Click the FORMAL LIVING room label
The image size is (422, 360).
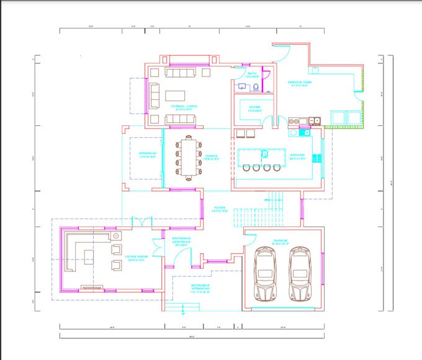click(184, 107)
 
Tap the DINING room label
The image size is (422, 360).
click(212, 156)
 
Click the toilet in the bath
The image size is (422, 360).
click(241, 86)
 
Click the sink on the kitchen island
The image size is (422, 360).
click(265, 153)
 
